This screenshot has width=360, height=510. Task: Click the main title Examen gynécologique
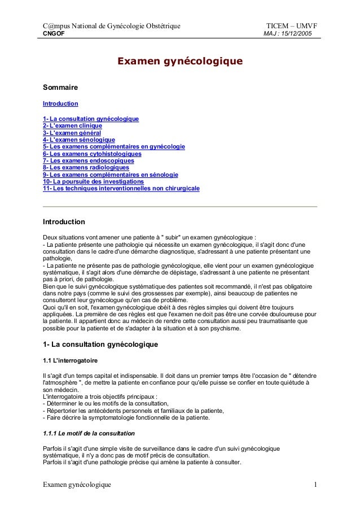[179, 60]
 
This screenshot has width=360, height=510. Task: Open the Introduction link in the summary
[60, 104]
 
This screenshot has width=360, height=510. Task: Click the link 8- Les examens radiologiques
[86, 168]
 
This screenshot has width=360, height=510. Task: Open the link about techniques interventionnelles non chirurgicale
[121, 189]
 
